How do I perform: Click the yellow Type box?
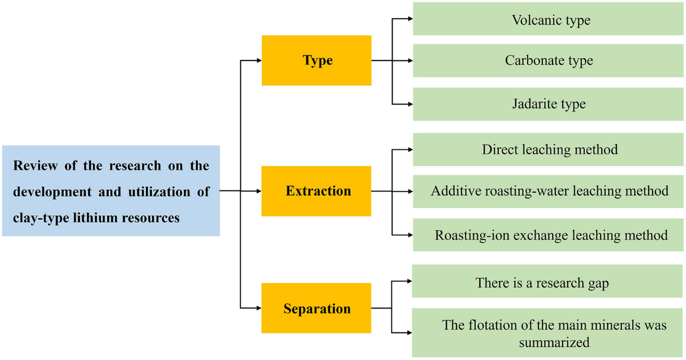click(316, 60)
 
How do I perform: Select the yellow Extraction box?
click(316, 191)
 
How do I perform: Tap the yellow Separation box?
click(316, 308)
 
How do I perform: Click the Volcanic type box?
click(548, 19)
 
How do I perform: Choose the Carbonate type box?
click(548, 60)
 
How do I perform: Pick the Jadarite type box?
click(548, 104)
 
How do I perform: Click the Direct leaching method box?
click(548, 149)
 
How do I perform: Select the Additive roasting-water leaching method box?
click(548, 192)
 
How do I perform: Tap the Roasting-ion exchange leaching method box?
click(548, 235)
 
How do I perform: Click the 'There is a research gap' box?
click(547, 281)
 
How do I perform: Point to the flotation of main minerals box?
click(547, 333)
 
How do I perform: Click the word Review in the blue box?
click(35, 166)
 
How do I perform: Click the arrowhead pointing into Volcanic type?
click(410, 19)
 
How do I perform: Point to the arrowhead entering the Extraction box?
click(258, 191)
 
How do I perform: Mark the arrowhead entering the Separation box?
click(258, 308)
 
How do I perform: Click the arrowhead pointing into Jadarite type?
click(410, 104)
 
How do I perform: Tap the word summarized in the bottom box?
click(554, 342)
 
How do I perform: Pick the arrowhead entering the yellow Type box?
click(259, 60)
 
